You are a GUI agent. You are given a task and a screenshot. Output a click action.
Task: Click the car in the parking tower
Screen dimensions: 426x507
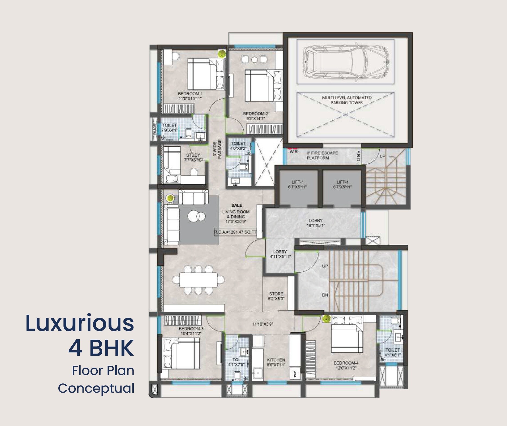coord(346,62)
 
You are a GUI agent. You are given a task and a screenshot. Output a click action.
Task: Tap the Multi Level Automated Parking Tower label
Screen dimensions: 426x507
coord(347,100)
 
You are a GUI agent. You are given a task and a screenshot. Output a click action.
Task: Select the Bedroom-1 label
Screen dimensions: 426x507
coord(190,94)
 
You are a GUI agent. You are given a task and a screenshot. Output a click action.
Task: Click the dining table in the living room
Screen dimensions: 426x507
coord(198,280)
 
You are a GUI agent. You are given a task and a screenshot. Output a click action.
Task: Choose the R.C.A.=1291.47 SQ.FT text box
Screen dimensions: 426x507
coord(235,232)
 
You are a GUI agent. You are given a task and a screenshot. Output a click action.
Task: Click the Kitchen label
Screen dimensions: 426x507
coord(276,360)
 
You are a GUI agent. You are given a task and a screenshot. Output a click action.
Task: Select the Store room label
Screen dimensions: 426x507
coord(276,294)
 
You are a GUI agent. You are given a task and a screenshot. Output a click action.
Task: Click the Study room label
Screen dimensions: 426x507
coord(193,155)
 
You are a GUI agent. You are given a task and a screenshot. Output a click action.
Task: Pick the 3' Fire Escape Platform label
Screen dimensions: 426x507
coord(322,155)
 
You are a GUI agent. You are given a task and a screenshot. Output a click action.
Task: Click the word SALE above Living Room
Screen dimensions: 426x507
coord(237,205)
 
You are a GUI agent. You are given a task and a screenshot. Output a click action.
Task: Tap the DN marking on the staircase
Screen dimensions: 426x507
coord(325,295)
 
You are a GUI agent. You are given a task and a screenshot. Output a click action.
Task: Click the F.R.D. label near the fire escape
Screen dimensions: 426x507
coord(358,156)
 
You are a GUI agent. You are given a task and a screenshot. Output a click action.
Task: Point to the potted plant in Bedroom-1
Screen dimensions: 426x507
coord(222,53)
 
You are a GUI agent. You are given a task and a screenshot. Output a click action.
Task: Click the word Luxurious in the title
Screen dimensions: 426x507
coord(80,323)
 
